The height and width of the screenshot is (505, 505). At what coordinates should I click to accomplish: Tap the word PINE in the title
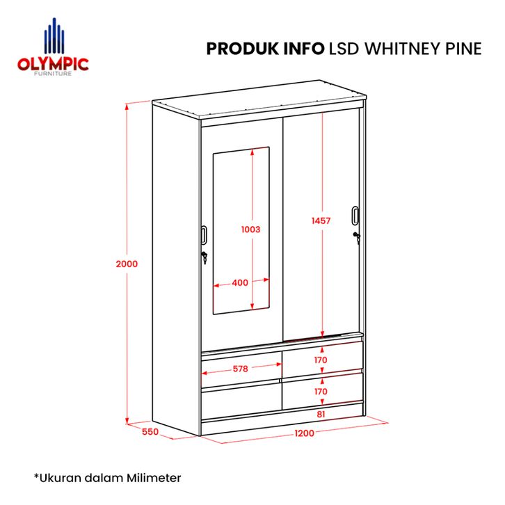point(460,48)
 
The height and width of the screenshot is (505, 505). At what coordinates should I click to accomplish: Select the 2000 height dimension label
point(127,264)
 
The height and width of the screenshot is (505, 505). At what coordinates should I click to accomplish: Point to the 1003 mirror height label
point(251,228)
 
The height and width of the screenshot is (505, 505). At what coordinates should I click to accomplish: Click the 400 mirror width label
point(240,282)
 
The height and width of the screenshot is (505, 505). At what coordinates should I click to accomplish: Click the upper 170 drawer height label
point(321,360)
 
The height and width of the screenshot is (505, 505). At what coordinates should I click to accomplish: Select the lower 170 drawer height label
point(321,392)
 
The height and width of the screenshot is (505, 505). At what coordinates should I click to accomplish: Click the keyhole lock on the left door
point(205,258)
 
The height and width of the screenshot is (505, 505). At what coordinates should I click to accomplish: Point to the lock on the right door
point(357,238)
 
